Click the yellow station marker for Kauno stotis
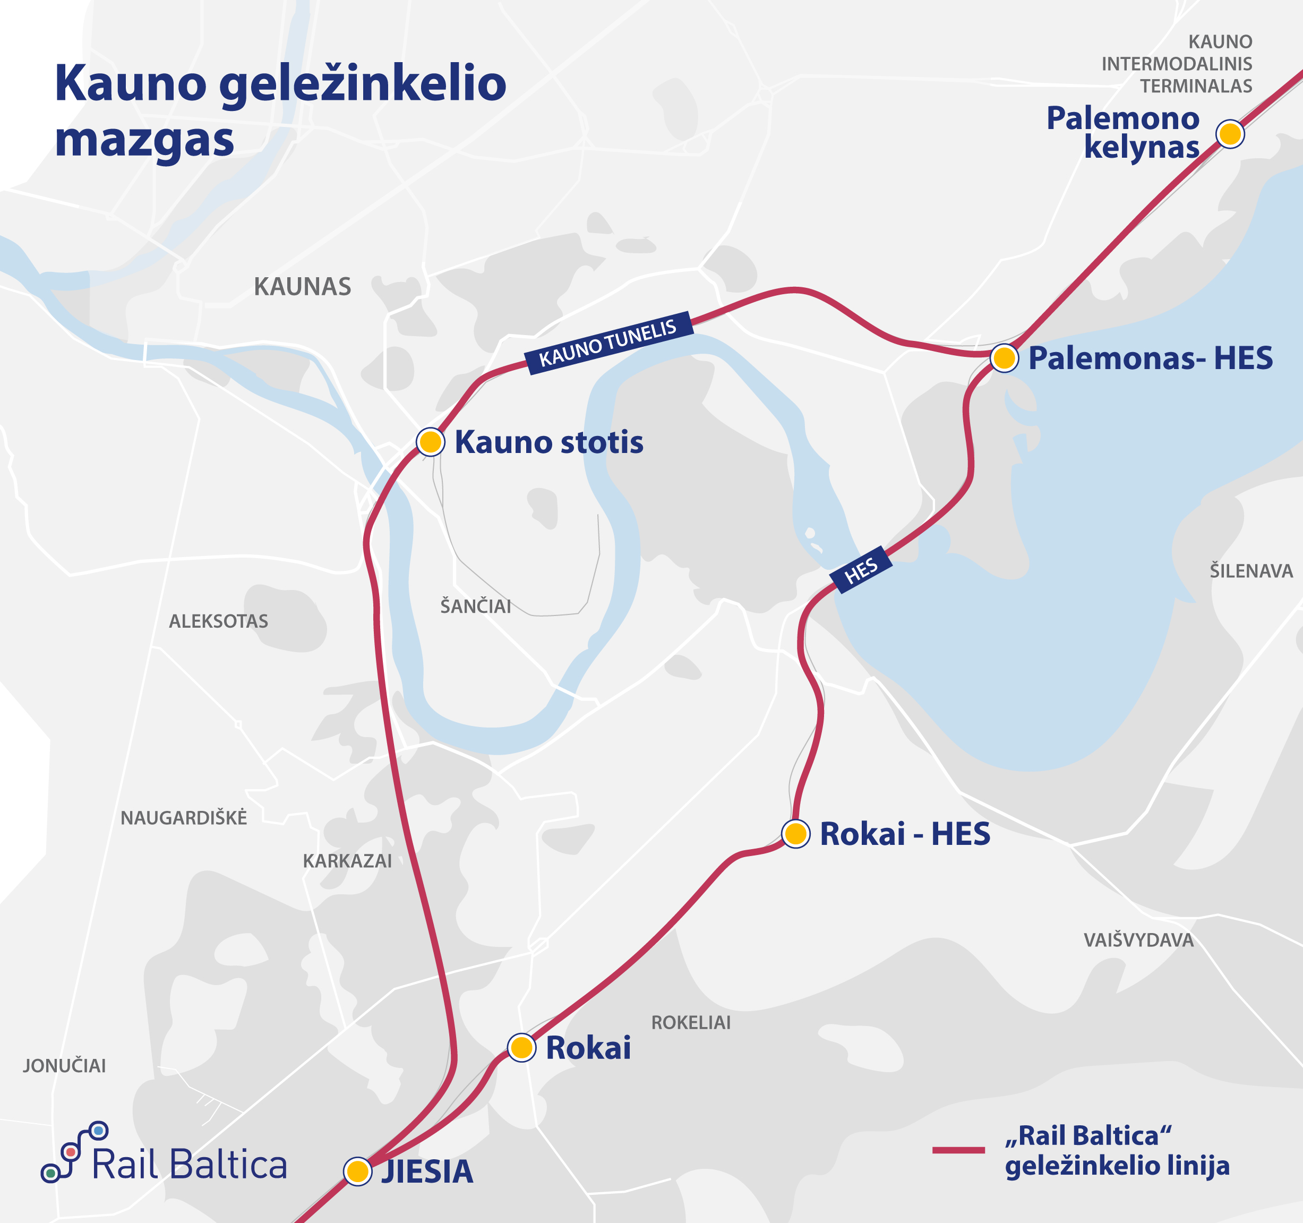(431, 442)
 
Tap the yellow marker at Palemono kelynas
(1230, 134)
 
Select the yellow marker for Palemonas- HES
(1004, 358)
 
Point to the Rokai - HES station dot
(796, 834)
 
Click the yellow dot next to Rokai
(522, 1047)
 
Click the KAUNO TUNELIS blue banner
(608, 343)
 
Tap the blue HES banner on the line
(861, 570)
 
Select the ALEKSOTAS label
(218, 621)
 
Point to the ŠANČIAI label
(475, 606)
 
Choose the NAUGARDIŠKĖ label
(184, 818)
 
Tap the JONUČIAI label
(64, 1066)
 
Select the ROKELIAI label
(690, 1022)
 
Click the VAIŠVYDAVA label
(1138, 940)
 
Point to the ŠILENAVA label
(1250, 571)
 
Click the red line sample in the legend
(958, 1150)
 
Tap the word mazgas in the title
(144, 141)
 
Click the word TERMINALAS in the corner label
(1196, 86)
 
